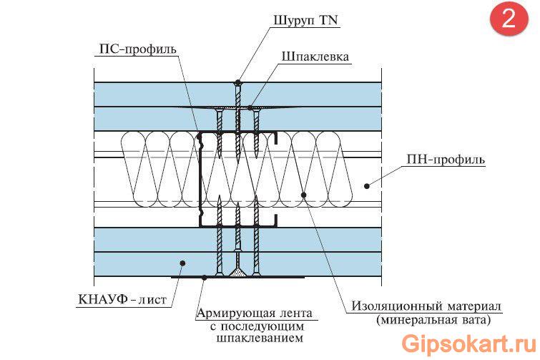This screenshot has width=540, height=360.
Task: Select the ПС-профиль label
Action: click(135, 49)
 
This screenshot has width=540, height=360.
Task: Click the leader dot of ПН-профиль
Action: click(366, 186)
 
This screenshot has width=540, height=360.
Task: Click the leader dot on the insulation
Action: click(304, 194)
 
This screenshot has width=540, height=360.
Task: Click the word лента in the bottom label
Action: click(295, 313)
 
